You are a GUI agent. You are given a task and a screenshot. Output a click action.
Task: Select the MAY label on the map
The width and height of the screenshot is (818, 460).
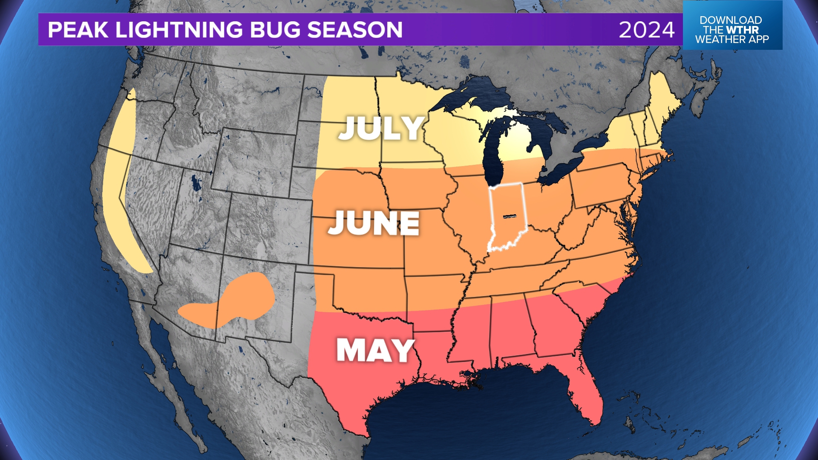pyautogui.click(x=375, y=350)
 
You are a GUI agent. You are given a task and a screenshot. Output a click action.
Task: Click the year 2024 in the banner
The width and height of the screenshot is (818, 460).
pyautogui.click(x=646, y=30)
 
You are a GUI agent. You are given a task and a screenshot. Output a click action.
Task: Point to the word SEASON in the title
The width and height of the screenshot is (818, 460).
pyautogui.click(x=354, y=30)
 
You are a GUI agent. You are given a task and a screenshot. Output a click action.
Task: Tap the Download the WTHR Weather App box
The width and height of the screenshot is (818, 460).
pyautogui.click(x=732, y=30)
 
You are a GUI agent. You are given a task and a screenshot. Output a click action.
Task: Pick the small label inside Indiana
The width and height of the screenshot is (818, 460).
pyautogui.click(x=510, y=217)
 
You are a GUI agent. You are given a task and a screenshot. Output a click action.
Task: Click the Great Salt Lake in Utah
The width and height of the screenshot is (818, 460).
pyautogui.click(x=196, y=183)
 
